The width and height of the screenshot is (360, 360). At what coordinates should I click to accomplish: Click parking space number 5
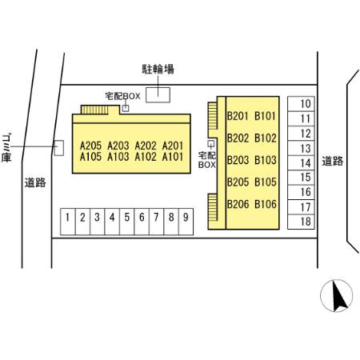coord(126,222)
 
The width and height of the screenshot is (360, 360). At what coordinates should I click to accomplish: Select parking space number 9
coord(186,222)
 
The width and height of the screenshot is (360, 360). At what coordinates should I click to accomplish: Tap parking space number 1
coord(68,222)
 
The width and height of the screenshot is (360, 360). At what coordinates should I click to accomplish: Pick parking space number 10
coord(301,104)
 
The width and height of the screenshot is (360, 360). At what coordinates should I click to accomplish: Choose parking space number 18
coord(301,222)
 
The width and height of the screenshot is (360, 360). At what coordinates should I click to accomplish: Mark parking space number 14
coord(301,162)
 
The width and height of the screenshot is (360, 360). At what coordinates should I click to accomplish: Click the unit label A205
coord(90,146)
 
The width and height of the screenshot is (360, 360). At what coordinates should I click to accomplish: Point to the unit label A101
coord(173,157)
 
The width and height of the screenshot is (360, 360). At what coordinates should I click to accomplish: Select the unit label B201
coord(238,116)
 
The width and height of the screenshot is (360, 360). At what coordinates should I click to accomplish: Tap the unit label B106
coord(266,204)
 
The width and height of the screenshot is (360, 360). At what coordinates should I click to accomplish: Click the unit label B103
coord(266,160)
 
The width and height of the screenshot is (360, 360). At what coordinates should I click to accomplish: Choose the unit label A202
coord(146,146)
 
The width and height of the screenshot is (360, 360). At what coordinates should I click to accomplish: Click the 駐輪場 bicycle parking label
coord(158,70)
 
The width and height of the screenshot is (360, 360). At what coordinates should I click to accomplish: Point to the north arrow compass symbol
coord(336,296)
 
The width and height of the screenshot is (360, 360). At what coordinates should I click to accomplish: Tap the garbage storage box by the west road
coord(59,148)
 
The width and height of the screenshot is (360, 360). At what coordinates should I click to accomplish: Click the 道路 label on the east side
coord(332,162)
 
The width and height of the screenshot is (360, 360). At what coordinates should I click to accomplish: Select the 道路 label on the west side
coord(35,182)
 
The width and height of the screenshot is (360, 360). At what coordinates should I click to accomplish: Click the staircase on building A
coord(94,110)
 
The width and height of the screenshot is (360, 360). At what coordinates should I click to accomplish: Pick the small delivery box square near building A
coord(126,108)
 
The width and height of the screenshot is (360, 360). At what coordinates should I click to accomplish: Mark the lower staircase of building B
coord(213,207)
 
